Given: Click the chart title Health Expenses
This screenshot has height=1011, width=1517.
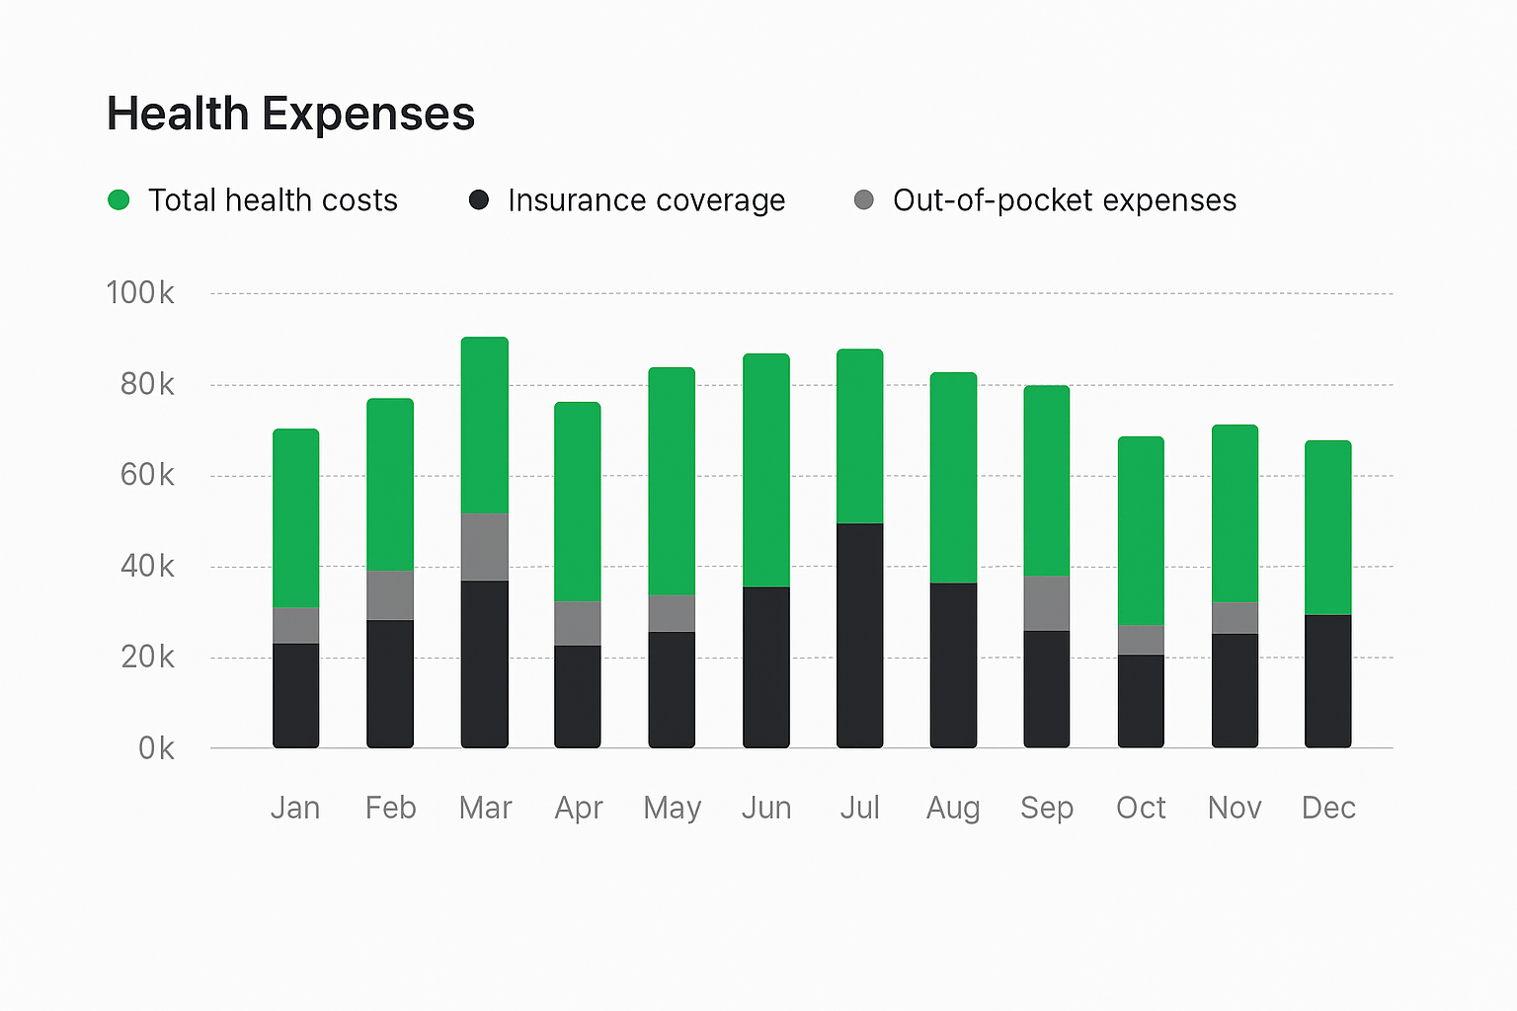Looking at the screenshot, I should (290, 114).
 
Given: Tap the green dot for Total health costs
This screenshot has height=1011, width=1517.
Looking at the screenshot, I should (119, 200).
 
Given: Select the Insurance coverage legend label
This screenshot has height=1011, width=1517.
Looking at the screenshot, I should (646, 200).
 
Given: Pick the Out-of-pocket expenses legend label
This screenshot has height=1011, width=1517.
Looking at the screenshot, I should (1064, 200).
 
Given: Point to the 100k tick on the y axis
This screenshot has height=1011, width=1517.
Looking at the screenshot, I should (140, 293).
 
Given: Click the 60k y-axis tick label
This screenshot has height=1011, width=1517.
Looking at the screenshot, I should (147, 475).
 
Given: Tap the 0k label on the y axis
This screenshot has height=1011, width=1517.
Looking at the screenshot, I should (156, 748).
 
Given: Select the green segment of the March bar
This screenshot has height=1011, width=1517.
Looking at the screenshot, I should (484, 425).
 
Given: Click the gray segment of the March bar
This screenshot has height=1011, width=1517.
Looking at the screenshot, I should (484, 546).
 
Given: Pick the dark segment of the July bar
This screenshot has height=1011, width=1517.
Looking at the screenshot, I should (859, 635).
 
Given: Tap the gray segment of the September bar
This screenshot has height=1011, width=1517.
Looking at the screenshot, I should (1046, 602).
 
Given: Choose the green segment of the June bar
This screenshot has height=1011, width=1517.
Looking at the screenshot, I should (765, 470).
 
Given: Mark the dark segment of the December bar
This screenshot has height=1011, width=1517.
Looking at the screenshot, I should (1327, 680).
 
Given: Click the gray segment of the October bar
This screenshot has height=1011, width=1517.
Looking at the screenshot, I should (1141, 639).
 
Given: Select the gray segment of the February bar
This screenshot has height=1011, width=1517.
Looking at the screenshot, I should (390, 594).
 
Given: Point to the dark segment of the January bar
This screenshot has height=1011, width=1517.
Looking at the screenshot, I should (295, 695).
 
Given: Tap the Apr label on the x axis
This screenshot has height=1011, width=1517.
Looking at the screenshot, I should (579, 808).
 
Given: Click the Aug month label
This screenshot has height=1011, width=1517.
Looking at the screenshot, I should (953, 808).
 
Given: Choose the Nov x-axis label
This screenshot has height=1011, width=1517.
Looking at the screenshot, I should (1235, 808).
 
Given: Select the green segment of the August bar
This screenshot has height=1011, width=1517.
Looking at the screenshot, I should (953, 477).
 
